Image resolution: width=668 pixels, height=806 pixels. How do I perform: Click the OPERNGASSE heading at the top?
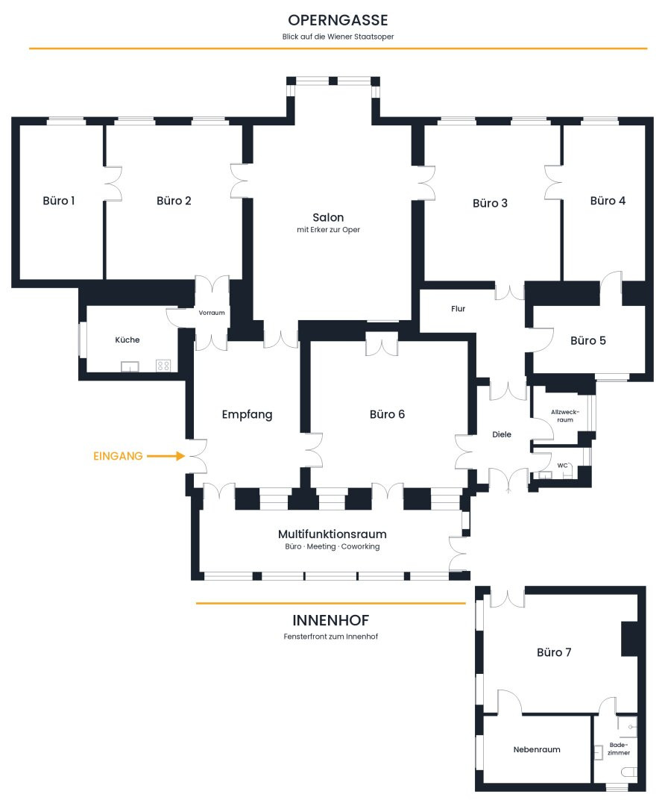(x=338, y=20)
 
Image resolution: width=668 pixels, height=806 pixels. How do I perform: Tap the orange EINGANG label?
(x=118, y=456)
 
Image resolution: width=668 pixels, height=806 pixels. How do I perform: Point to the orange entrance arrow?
(x=166, y=456)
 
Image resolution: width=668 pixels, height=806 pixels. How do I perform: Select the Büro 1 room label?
(x=59, y=201)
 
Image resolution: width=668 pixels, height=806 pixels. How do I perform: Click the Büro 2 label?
(x=174, y=201)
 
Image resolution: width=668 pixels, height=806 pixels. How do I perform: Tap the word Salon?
(x=328, y=217)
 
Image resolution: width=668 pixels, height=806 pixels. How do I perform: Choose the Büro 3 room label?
(x=491, y=203)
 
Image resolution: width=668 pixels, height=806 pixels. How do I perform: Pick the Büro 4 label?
(x=608, y=201)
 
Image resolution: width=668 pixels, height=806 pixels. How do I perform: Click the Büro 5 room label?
(x=588, y=340)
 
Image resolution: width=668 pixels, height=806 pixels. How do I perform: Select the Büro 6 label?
(x=387, y=414)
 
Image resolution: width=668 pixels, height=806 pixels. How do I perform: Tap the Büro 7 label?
(x=554, y=652)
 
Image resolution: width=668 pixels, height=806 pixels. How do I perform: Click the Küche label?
(x=127, y=340)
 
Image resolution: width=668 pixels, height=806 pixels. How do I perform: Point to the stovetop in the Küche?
(x=163, y=366)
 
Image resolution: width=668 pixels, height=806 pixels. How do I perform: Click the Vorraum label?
(x=212, y=313)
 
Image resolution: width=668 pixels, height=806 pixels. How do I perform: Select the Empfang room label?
(x=247, y=414)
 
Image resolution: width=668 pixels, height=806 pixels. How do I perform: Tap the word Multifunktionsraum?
(x=333, y=534)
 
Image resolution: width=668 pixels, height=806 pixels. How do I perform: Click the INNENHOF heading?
(x=331, y=620)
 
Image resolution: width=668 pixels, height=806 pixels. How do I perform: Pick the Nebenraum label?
(x=537, y=749)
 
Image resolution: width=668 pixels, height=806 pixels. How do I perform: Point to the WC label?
(x=563, y=466)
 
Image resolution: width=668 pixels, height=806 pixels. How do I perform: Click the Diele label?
(x=502, y=434)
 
